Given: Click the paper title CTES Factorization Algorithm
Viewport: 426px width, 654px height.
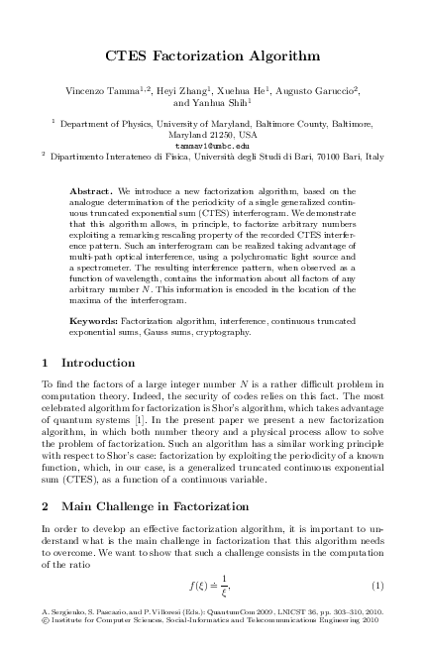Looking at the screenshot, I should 213,56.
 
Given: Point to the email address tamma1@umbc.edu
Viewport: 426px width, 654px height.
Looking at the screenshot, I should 213,145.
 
